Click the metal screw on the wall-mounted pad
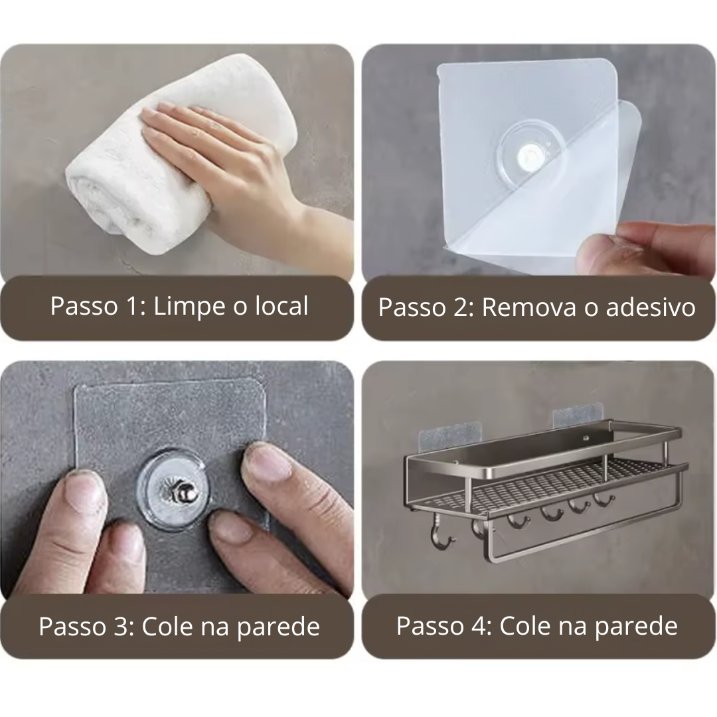pyautogui.click(x=173, y=492)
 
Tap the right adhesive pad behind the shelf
pyautogui.click(x=576, y=418)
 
